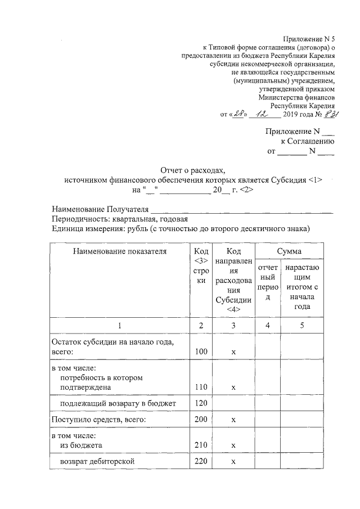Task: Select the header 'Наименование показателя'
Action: click(120, 251)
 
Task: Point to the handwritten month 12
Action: click(263, 114)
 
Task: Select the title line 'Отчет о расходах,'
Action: click(193, 169)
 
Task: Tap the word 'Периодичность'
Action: click(79, 219)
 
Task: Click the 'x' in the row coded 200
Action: click(233, 420)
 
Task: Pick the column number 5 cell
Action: click(301, 325)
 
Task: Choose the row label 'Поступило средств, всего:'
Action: click(99, 420)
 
